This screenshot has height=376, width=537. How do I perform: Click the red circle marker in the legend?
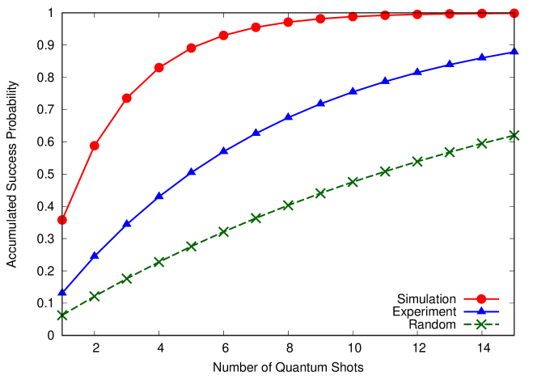pyautogui.click(x=481, y=298)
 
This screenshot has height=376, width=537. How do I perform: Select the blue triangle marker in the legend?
pyautogui.click(x=481, y=311)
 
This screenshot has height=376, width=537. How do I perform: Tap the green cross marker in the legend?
pyautogui.click(x=481, y=324)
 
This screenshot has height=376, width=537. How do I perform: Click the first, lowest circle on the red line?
pyautogui.click(x=62, y=220)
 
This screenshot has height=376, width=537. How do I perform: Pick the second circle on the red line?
pyautogui.click(x=95, y=146)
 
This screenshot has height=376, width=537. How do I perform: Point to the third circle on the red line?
pyautogui.click(x=127, y=98)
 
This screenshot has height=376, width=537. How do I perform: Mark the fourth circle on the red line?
pyautogui.click(x=159, y=67)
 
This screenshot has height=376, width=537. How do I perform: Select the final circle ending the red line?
pyautogui.click(x=514, y=14)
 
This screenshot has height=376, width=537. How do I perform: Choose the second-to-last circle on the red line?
pyautogui.click(x=482, y=14)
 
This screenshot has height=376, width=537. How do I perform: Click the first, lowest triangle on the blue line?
pyautogui.click(x=62, y=292)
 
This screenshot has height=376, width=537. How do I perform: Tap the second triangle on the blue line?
pyautogui.click(x=95, y=256)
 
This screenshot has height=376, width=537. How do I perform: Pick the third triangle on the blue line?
pyautogui.click(x=127, y=224)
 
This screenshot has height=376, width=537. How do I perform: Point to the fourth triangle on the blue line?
pyautogui.click(x=159, y=196)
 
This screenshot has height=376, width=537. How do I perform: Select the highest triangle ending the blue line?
pyautogui.click(x=514, y=52)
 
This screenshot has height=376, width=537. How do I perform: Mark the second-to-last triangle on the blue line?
pyautogui.click(x=482, y=57)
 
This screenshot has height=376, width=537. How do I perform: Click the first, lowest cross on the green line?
pyautogui.click(x=62, y=315)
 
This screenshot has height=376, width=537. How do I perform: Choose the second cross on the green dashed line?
pyautogui.click(x=95, y=296)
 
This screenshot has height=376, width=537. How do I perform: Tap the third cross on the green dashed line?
pyautogui.click(x=127, y=279)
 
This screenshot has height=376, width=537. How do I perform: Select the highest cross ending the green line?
pyautogui.click(x=514, y=135)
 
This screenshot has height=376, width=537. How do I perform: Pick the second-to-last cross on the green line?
pyautogui.click(x=482, y=143)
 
